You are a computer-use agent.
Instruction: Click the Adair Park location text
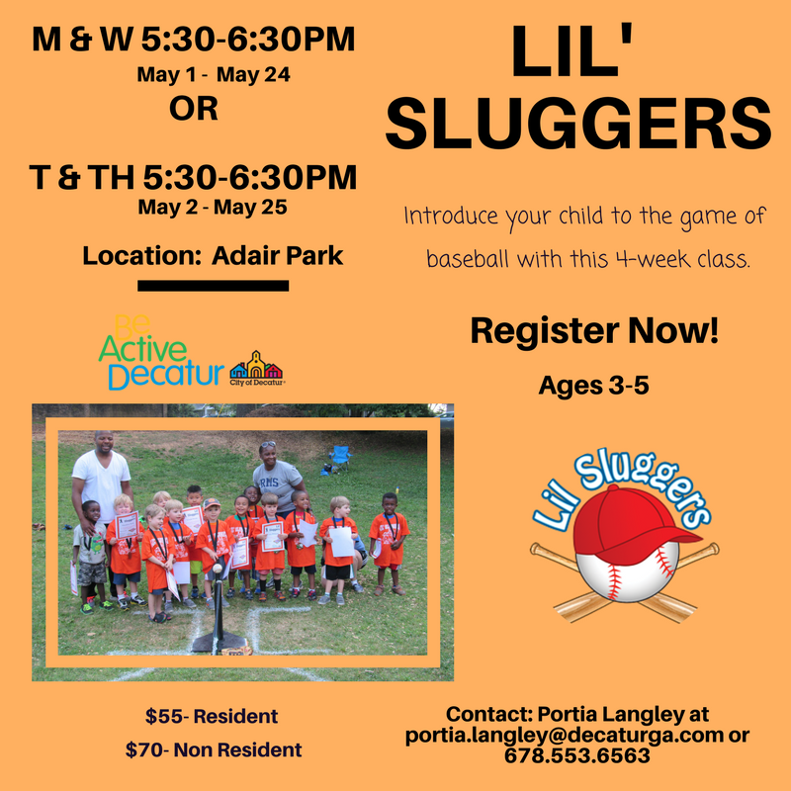(213, 255)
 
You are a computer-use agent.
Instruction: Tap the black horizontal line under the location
(213, 286)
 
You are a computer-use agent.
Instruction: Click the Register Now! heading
(594, 332)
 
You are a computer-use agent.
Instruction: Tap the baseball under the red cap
(623, 573)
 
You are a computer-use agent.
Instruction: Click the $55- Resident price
(212, 715)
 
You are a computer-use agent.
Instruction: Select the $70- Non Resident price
(214, 750)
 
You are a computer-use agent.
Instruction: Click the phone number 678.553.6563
(577, 756)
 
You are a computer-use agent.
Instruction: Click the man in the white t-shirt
(101, 475)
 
